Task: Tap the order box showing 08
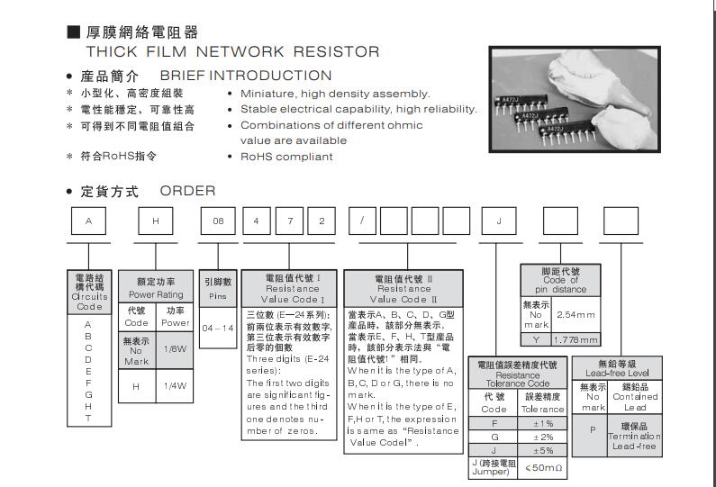[x=217, y=220]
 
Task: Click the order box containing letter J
[x=497, y=220]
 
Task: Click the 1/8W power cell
[x=176, y=347]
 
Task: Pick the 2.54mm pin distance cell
[x=576, y=315]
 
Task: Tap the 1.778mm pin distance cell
[x=576, y=339]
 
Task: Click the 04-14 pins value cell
[x=216, y=328]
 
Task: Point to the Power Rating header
[x=156, y=288]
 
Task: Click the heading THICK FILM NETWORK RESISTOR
[x=232, y=52]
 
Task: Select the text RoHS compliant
[x=286, y=157]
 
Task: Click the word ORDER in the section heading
[x=188, y=191]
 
